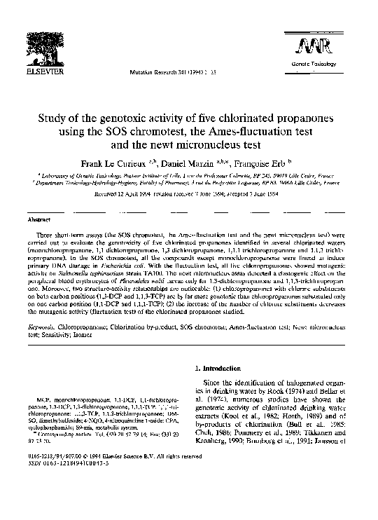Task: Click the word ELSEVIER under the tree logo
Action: [x=36, y=72]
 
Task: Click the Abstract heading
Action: [x=38, y=219]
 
